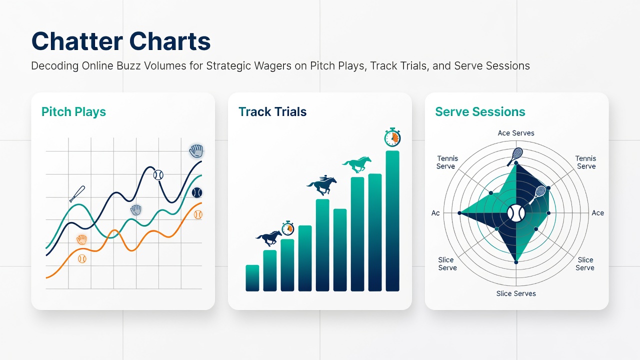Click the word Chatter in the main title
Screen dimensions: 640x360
tap(77, 41)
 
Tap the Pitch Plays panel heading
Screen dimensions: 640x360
tap(73, 111)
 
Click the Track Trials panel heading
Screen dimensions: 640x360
tap(272, 111)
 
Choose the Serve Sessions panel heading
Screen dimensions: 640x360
tap(480, 111)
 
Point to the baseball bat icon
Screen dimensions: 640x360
tap(77, 193)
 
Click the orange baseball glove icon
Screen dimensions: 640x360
tap(81, 239)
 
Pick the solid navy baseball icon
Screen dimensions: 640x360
tap(197, 192)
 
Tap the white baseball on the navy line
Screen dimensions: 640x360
tap(158, 174)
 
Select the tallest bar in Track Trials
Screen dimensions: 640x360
tap(392, 221)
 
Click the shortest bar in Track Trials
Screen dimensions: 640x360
tap(252, 278)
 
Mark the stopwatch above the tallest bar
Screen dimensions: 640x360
tap(392, 137)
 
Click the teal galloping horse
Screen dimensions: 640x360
tap(357, 164)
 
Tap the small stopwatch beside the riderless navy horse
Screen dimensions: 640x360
tap(288, 228)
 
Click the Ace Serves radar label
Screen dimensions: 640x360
tap(516, 133)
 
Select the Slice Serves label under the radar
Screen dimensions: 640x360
tap(516, 293)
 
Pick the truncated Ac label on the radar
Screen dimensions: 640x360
tap(435, 213)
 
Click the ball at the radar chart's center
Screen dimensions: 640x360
tap(516, 213)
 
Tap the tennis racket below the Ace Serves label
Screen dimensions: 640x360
tap(515, 156)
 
